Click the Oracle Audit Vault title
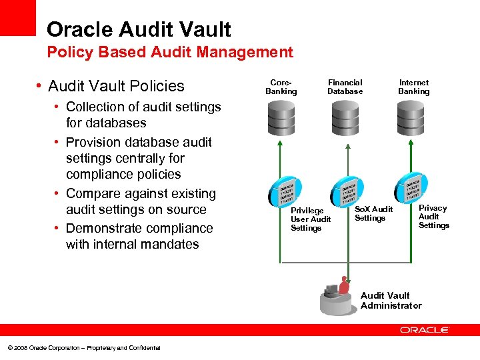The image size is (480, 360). pyautogui.click(x=139, y=29)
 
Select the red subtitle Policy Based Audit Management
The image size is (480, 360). pyautogui.click(x=169, y=52)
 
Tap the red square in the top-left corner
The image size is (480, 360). pyautogui.click(x=17, y=17)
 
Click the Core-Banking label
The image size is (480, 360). pyautogui.click(x=281, y=87)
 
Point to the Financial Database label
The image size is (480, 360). pyautogui.click(x=345, y=87)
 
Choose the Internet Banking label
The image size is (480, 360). pyautogui.click(x=414, y=87)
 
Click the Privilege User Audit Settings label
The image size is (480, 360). pyautogui.click(x=310, y=219)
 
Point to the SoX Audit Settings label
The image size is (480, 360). pyautogui.click(x=373, y=213)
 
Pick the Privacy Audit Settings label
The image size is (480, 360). pyautogui.click(x=433, y=217)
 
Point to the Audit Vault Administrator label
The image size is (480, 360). pyautogui.click(x=391, y=301)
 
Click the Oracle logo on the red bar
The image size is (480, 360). pyautogui.click(x=425, y=330)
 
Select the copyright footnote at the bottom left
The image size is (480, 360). pyautogui.click(x=83, y=348)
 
